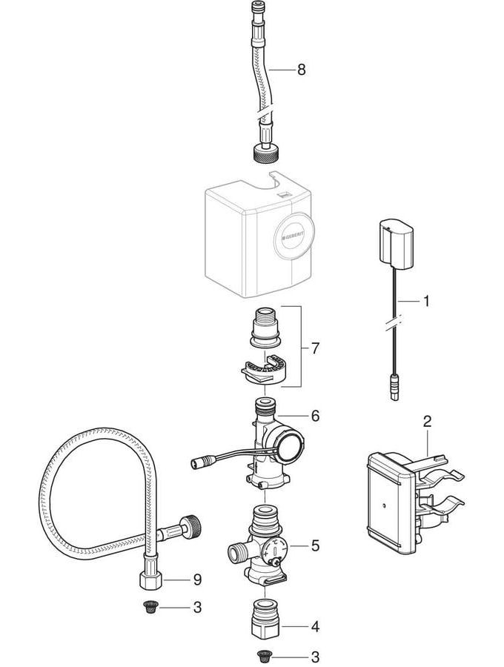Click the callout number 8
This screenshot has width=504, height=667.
(x=301, y=70)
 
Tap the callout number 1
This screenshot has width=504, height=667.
(x=426, y=302)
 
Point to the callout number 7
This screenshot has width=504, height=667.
(x=315, y=347)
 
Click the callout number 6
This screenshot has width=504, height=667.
(x=315, y=416)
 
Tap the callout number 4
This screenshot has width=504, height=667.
(x=315, y=627)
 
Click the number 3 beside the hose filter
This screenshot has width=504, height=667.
(x=196, y=608)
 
